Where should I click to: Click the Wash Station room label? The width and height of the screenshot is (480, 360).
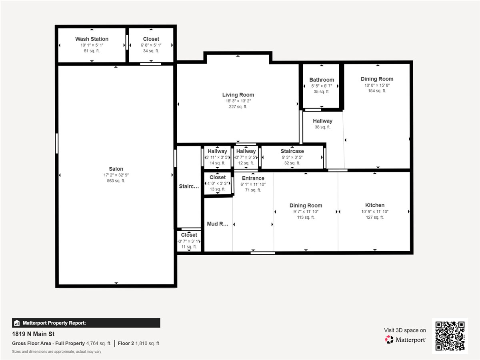pyautogui.click(x=92, y=39)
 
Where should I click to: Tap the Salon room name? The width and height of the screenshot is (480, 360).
pyautogui.click(x=116, y=169)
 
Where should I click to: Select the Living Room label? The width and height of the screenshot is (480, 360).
pyautogui.click(x=238, y=95)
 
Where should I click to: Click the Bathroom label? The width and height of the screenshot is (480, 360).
pyautogui.click(x=322, y=80)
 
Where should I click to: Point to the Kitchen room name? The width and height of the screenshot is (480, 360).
pyautogui.click(x=375, y=205)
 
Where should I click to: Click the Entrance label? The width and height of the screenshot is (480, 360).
pyautogui.click(x=253, y=178)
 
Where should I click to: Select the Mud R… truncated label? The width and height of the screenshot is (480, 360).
pyautogui.click(x=218, y=224)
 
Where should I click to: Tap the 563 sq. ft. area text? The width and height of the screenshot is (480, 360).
pyautogui.click(x=116, y=181)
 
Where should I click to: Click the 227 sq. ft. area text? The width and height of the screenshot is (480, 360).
pyautogui.click(x=238, y=107)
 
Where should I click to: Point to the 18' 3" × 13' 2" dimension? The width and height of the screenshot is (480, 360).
pyautogui.click(x=238, y=101)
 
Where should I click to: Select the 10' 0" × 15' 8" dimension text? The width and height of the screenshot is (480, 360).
pyautogui.click(x=377, y=85)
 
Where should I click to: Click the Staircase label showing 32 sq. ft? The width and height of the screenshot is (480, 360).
pyautogui.click(x=292, y=151)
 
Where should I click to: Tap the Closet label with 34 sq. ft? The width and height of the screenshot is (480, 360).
pyautogui.click(x=151, y=39)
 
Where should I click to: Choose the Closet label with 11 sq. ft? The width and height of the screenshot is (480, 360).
pyautogui.click(x=189, y=235)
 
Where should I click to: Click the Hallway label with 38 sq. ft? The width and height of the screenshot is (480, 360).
pyautogui.click(x=322, y=121)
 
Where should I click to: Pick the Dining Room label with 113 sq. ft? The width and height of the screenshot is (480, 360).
pyautogui.click(x=306, y=205)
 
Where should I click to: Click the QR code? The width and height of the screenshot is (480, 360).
pyautogui.click(x=450, y=336)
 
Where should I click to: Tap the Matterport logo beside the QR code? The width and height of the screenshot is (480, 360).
pyautogui.click(x=405, y=340)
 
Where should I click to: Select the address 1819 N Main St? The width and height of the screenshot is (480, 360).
pyautogui.click(x=33, y=334)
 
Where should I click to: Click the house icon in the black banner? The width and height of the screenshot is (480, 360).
pyautogui.click(x=17, y=323)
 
